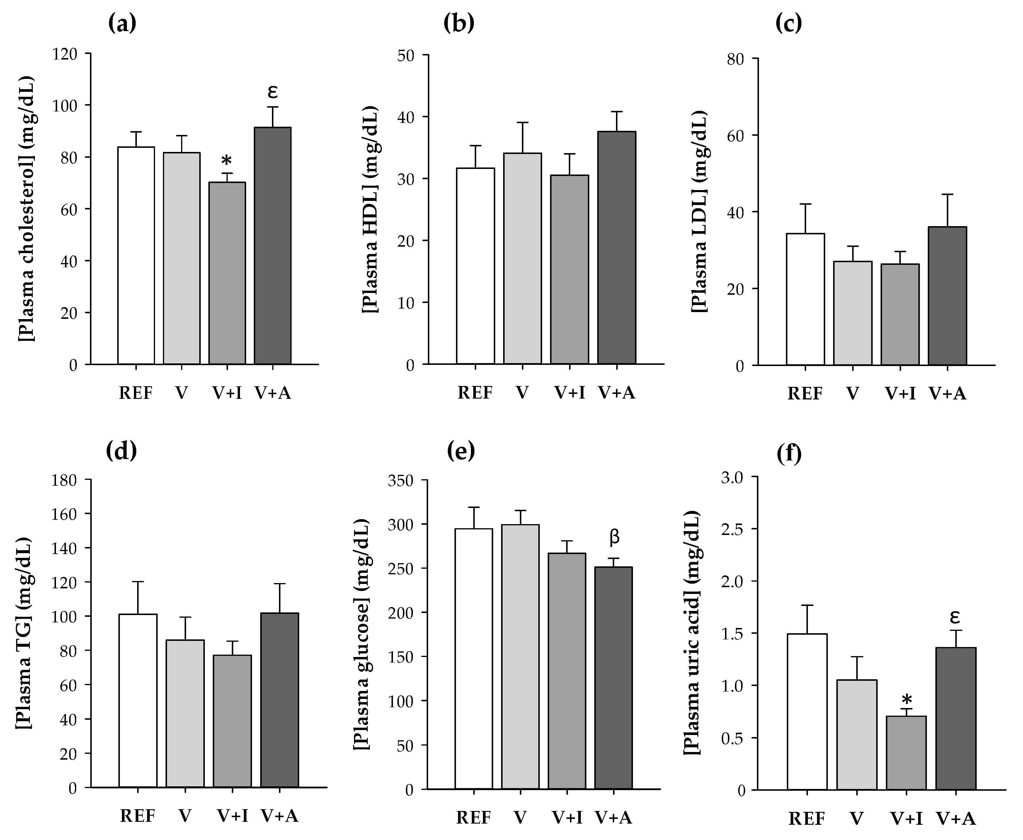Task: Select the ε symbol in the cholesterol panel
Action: pyautogui.click(x=273, y=91)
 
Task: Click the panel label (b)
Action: pyautogui.click(x=458, y=23)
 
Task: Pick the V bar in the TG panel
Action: pyautogui.click(x=185, y=713)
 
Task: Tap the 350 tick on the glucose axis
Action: pyautogui.click(x=401, y=480)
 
